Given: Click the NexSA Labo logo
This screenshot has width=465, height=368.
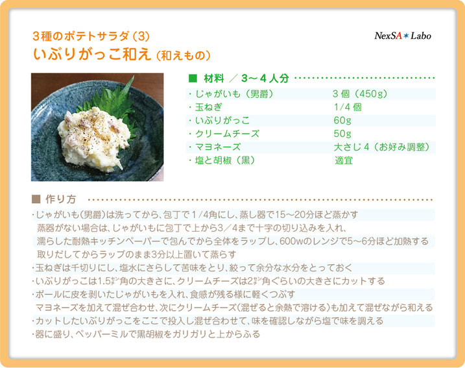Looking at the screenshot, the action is tap(403, 36).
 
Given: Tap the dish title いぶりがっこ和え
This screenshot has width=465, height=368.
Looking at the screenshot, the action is tap(92, 55).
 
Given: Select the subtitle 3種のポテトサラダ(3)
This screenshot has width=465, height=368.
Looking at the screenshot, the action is tap(91, 36).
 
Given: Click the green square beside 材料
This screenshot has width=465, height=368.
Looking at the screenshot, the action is tap(193, 79).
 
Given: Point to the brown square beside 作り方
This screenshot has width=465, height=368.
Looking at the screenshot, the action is tap(36, 199).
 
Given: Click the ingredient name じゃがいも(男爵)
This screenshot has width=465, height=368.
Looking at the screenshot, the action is tap(234, 94).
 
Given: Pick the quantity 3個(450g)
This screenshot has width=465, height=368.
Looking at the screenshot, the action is tap(360, 94).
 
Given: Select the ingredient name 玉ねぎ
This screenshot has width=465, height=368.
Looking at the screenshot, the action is tap(208, 107).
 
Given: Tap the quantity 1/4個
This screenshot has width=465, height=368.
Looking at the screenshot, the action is tap(348, 107).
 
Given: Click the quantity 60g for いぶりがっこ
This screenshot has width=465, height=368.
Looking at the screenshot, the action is tap(342, 121).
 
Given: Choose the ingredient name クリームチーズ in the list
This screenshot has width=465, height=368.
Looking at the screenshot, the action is tap(227, 134).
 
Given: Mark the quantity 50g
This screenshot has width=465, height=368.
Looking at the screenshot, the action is tap(342, 134).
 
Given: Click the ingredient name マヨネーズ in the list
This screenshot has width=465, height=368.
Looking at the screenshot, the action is tap(218, 147).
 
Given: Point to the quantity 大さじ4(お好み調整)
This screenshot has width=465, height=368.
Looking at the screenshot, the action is tap(382, 147).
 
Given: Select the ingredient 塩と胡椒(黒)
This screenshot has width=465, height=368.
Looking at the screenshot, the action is tap(225, 160).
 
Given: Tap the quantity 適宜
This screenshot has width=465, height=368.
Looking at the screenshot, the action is tap(344, 160).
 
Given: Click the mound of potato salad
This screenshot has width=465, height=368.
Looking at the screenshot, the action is tap(93, 139).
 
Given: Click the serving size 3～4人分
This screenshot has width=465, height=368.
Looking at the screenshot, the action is tap(265, 79).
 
